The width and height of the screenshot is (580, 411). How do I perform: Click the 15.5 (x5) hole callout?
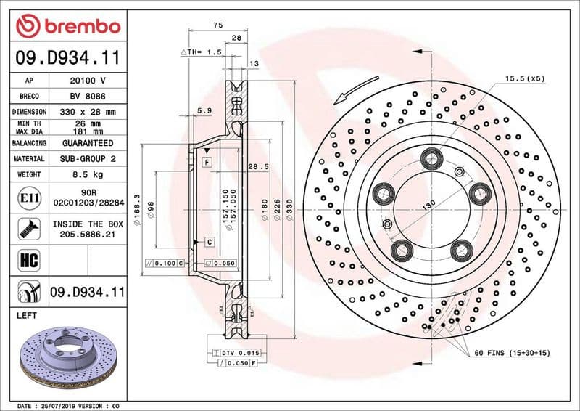525,78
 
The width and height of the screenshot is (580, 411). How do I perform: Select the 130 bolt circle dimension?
428,206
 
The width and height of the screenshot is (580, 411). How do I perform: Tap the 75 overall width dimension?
217,25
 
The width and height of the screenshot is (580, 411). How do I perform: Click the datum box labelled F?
207,161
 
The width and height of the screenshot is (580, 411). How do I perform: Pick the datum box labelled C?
208,241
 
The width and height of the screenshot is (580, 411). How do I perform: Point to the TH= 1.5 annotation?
200,53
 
